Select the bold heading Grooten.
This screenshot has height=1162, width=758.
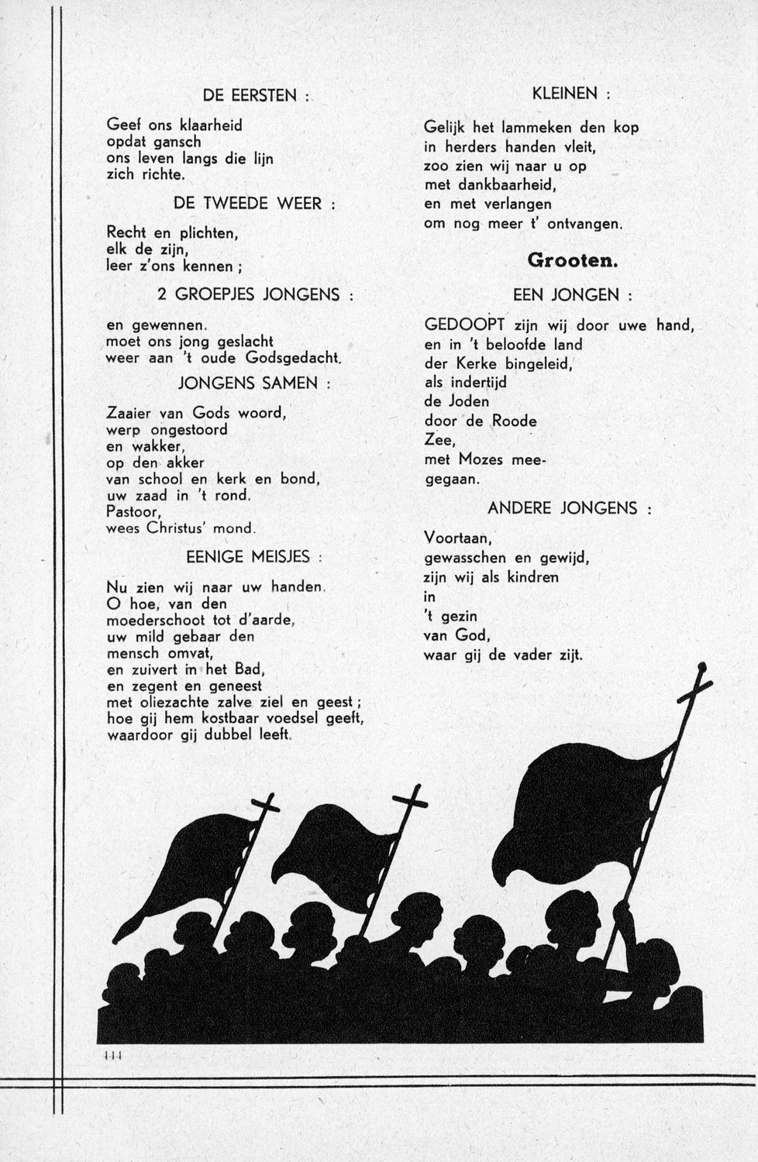point(572,260)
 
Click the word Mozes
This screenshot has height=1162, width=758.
point(485,460)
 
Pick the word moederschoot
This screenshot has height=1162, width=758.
point(156,621)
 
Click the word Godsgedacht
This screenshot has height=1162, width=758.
point(293,358)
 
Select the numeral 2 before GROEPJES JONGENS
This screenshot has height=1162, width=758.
point(162,294)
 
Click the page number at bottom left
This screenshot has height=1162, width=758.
point(113,1055)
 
